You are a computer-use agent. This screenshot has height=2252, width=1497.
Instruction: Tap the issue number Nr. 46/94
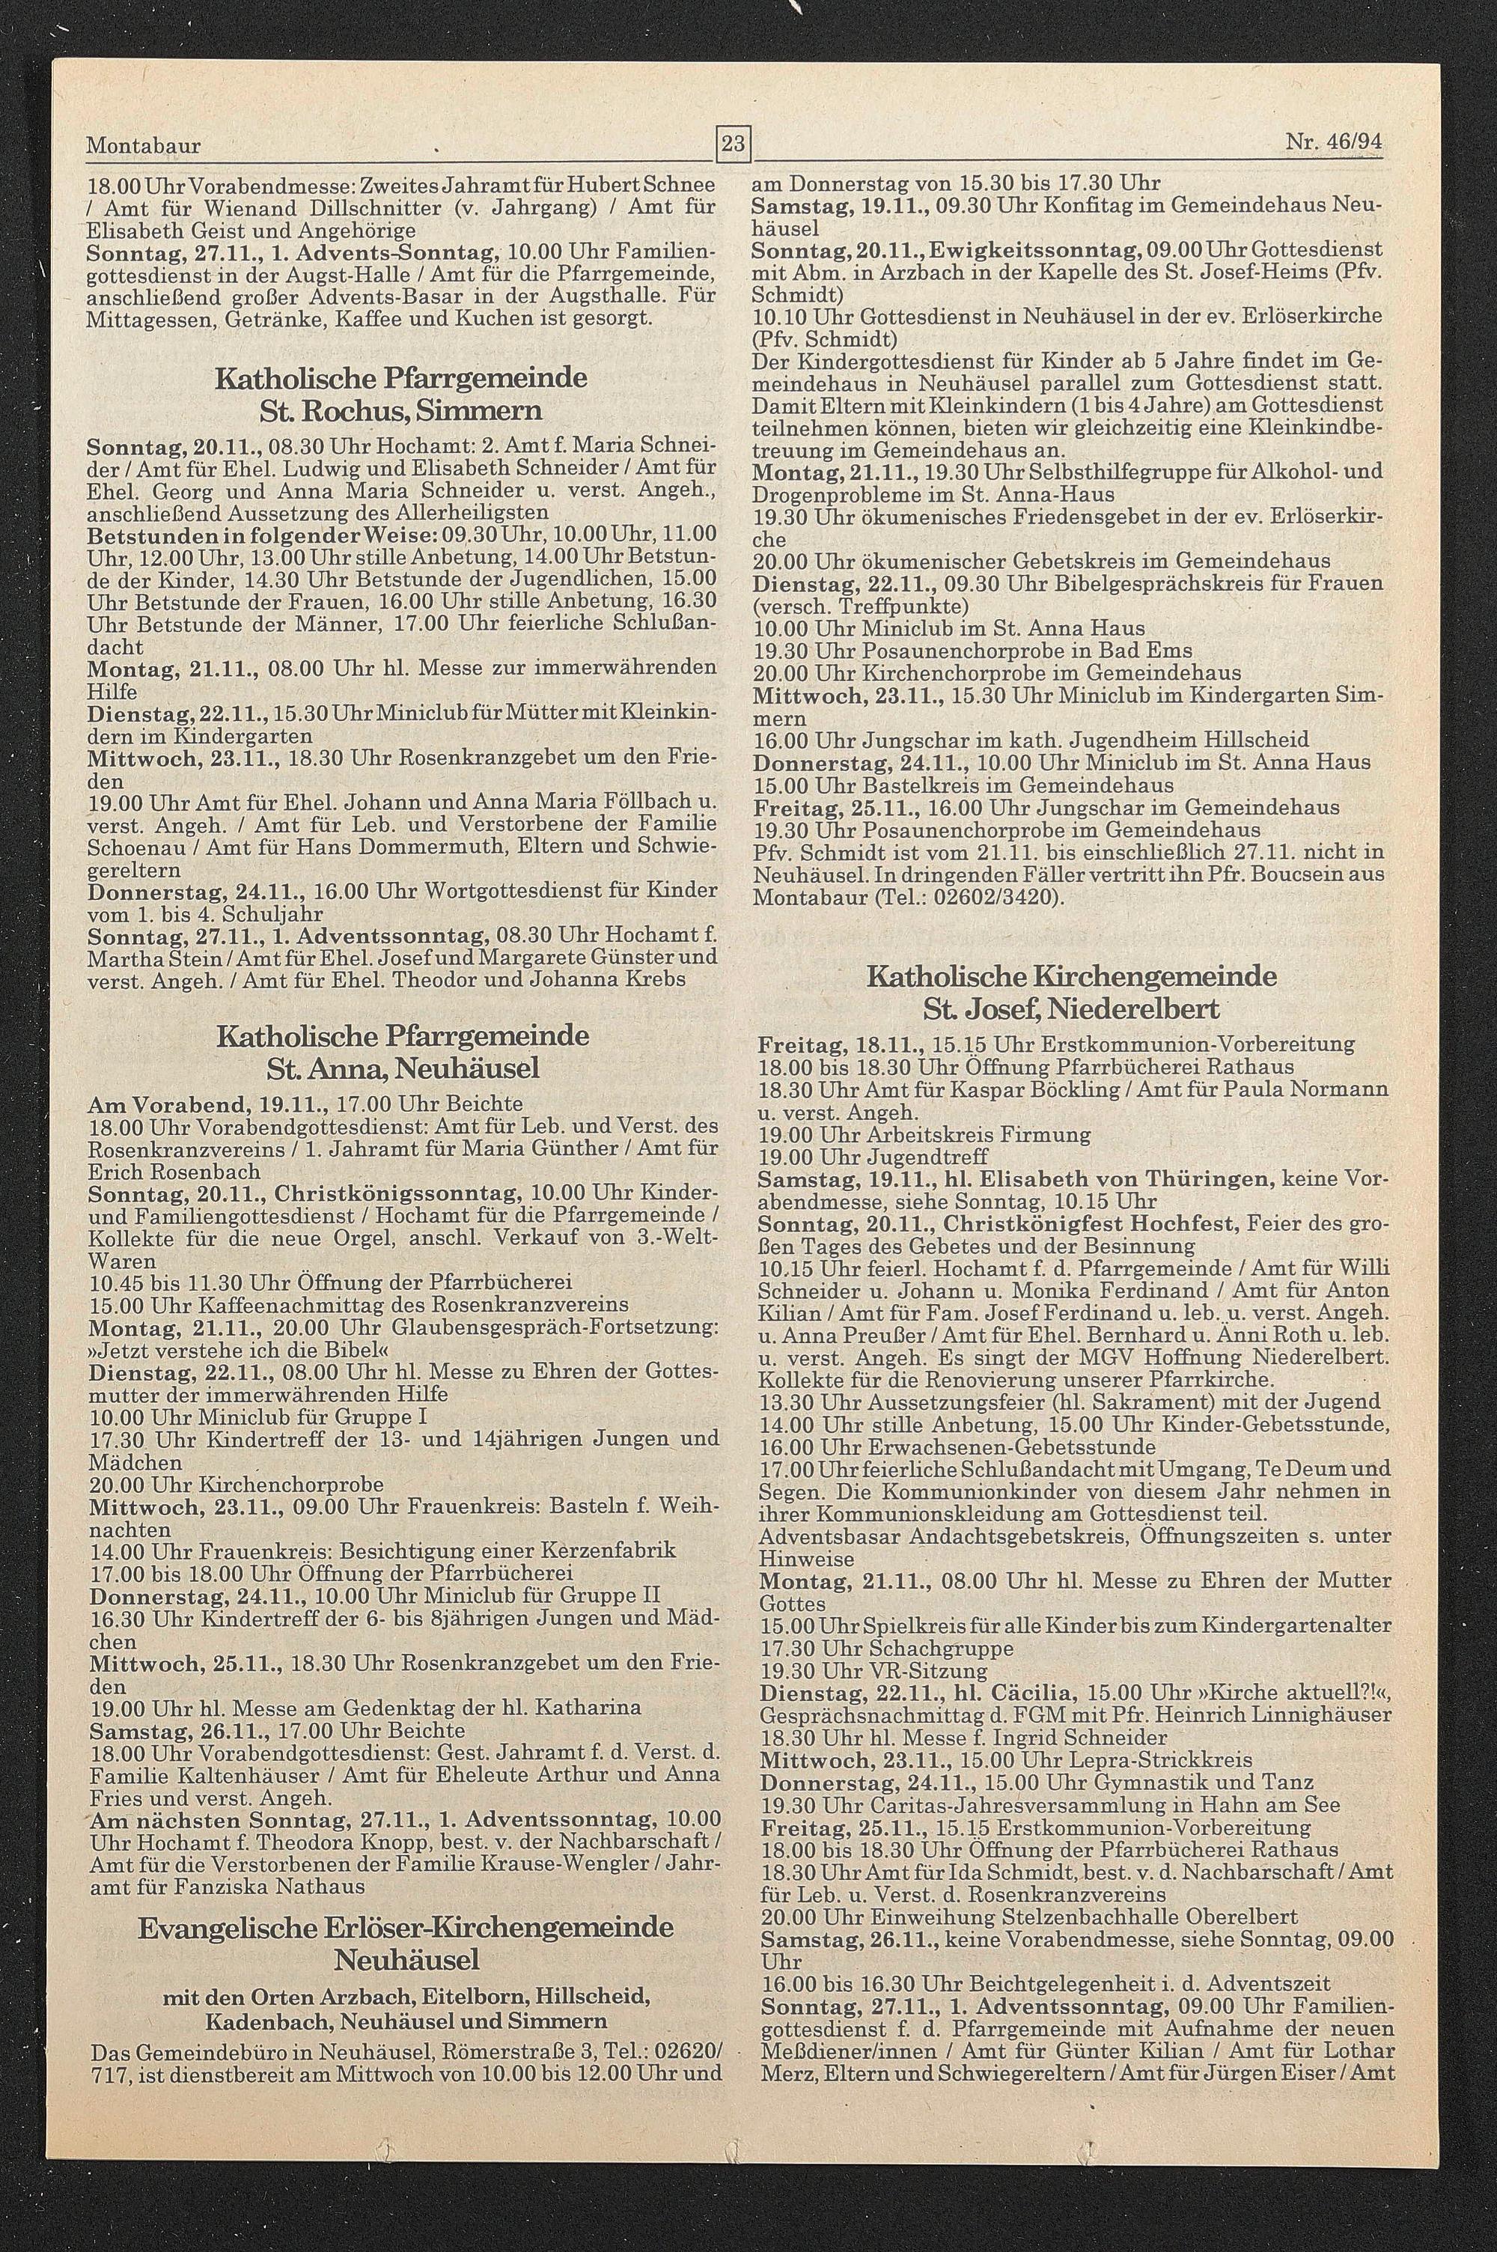[1334, 143]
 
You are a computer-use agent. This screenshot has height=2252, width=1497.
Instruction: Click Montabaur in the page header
[143, 146]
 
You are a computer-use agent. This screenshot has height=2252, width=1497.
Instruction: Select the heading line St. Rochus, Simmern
[401, 410]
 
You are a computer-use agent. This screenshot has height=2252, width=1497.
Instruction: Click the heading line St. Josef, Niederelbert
[1070, 1009]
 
